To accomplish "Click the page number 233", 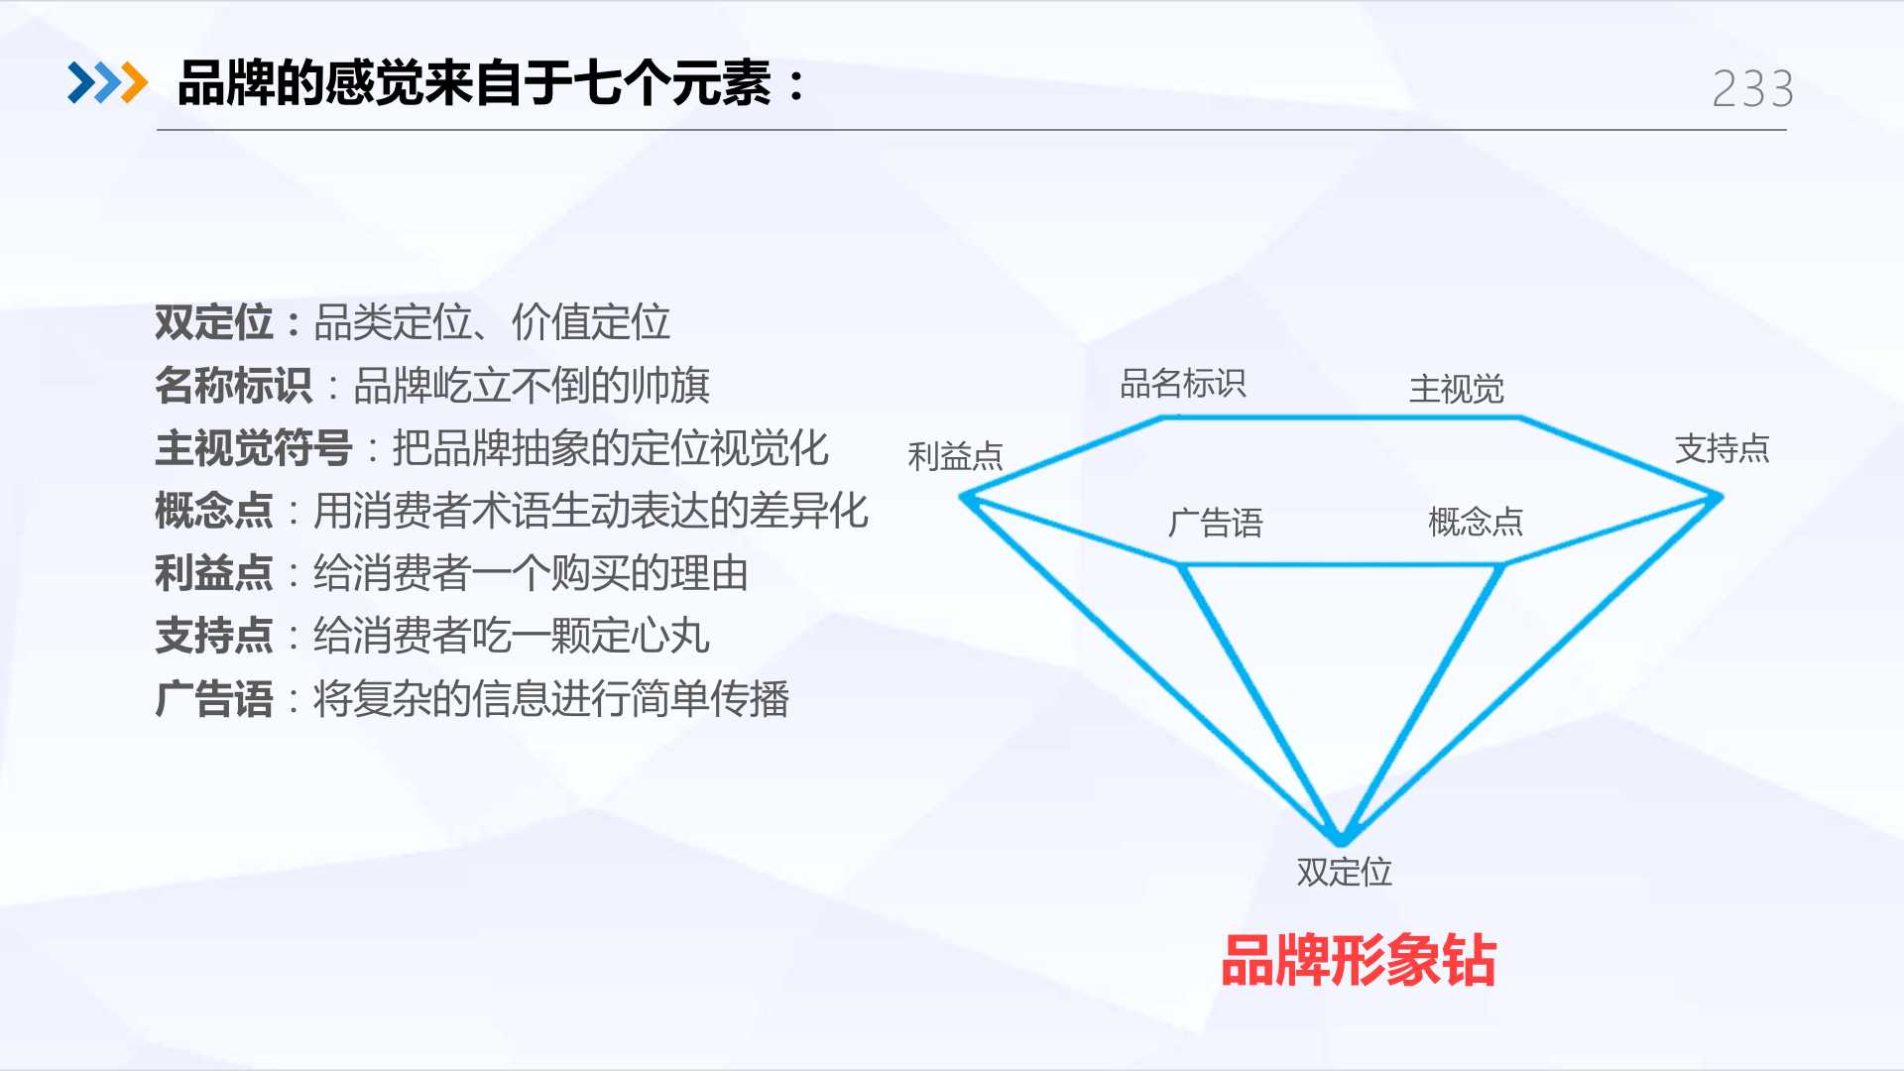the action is (x=1753, y=89).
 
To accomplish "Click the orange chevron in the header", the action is (x=134, y=83).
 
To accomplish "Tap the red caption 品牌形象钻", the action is (x=1359, y=960).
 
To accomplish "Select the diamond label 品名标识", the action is (x=1183, y=383).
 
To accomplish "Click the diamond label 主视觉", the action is (x=1457, y=389).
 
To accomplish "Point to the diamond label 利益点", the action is (x=956, y=456).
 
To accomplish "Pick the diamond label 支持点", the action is (x=1723, y=448).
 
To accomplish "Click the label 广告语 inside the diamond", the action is (x=1216, y=523).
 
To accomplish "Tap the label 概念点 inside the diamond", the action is (x=1476, y=521).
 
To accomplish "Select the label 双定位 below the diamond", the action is (x=1345, y=872).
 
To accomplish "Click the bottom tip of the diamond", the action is (x=1341, y=843).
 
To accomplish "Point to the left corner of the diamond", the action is (x=962, y=497).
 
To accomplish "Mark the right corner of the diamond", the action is (x=1721, y=497).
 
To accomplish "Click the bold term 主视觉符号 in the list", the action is (x=254, y=448).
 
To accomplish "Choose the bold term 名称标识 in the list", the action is (x=234, y=386).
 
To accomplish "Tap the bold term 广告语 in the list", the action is (x=214, y=699).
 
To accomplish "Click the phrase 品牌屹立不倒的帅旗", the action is (x=532, y=386).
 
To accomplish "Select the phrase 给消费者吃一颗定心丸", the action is (x=512, y=636).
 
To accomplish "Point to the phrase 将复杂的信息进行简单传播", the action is (x=551, y=699).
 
